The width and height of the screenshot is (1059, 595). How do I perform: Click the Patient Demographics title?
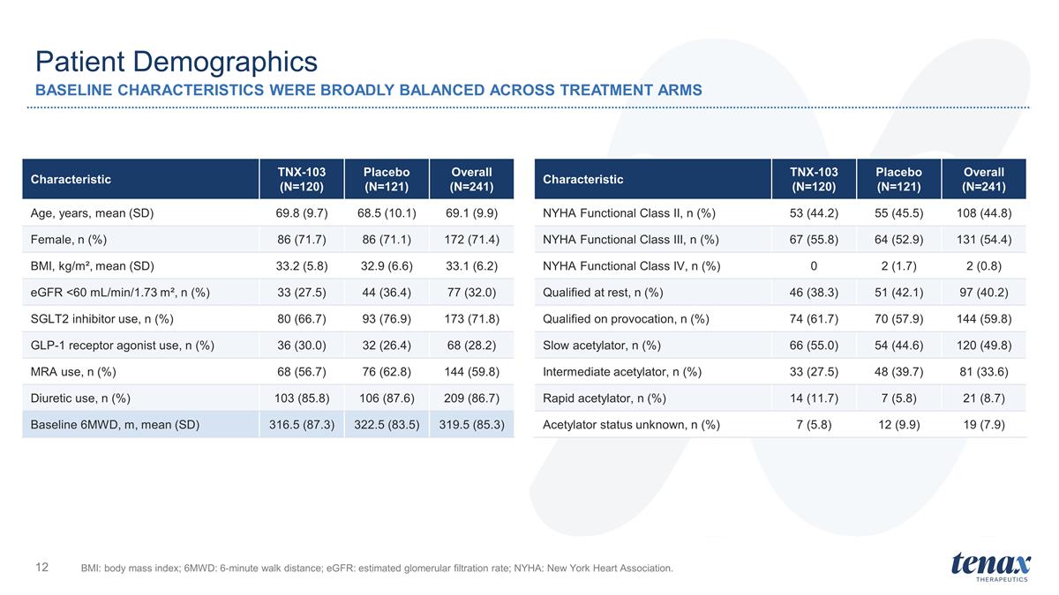176,63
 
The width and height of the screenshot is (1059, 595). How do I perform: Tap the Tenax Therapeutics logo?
991,567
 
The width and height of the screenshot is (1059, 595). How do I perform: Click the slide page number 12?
42,567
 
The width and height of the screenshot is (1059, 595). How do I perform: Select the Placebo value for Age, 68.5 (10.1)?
387,213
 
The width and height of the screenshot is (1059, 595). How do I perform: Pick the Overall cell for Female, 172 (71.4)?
472,240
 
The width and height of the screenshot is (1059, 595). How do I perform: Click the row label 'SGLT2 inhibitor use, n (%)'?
102,319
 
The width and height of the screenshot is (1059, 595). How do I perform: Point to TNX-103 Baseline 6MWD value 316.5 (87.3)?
302,425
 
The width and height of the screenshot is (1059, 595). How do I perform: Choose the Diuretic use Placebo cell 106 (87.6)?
387,398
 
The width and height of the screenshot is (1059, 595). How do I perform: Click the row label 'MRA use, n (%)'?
73,372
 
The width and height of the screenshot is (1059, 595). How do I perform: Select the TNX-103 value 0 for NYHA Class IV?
814,266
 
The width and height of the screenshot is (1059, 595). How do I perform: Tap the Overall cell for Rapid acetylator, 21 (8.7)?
984,398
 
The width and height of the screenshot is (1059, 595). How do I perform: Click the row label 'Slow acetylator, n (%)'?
602,346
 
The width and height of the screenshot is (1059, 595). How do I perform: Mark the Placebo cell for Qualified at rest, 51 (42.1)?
898,293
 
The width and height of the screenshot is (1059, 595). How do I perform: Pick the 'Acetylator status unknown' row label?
631,425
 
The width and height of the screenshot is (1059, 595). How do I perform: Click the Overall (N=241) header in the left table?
472,180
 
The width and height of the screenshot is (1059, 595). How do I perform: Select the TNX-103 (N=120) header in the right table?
814,180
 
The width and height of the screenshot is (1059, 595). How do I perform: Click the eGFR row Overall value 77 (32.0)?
472,293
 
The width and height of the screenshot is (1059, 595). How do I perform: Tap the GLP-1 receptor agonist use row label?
123,346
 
